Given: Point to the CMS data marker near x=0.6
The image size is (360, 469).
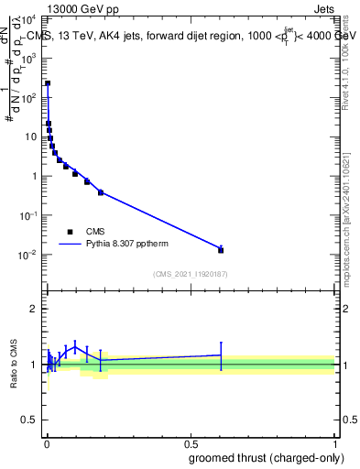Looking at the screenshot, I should pos(221,250).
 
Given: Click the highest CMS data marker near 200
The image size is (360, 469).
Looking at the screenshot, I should pos(48,83).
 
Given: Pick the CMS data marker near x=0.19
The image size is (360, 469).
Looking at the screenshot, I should pos(101,192).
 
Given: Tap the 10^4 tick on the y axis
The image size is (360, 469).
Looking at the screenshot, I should pos(33,18).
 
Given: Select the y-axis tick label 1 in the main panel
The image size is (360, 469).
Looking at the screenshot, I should pos(37,176).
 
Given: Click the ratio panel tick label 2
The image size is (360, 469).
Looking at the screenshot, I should pos(37,309).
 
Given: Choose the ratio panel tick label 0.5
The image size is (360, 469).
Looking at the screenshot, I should pos(32,422).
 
